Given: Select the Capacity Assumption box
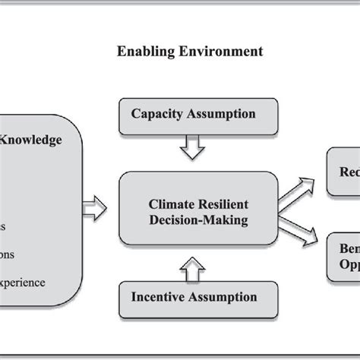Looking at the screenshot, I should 194,115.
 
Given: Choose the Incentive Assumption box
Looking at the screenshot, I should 194,297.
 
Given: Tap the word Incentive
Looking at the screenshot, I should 159,297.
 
